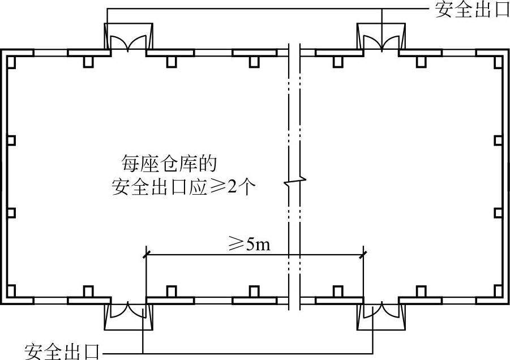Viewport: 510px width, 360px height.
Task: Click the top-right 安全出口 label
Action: tap(472, 10)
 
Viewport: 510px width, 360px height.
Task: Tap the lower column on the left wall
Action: tap(11, 213)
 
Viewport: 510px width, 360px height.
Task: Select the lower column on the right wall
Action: tap(498, 213)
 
